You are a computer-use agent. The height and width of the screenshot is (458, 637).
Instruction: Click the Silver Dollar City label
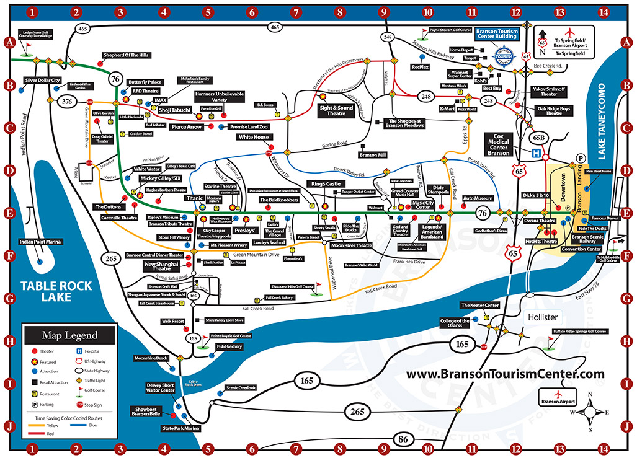pyautogui.click(x=42, y=81)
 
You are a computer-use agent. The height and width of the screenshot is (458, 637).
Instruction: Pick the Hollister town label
pyautogui.click(x=543, y=317)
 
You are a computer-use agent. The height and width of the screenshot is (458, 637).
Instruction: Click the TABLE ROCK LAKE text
pyautogui.click(x=56, y=292)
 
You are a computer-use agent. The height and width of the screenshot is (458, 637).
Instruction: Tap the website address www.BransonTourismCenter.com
pyautogui.click(x=505, y=374)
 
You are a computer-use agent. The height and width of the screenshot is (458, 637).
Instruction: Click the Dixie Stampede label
pyautogui.click(x=441, y=190)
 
